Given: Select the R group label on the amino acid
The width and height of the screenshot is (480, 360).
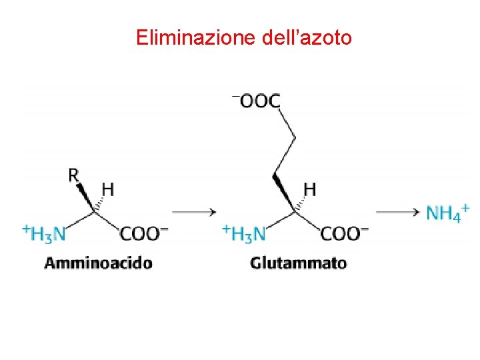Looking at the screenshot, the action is [73, 175].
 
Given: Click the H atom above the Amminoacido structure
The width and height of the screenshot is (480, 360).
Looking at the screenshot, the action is [107, 190].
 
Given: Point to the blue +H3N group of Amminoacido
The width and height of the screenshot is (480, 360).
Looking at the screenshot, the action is [45, 233].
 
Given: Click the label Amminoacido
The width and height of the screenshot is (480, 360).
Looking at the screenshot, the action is [98, 263].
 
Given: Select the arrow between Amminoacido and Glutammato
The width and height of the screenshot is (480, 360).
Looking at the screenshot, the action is [193, 212].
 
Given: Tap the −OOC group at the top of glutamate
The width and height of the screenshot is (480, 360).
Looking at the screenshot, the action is [257, 101].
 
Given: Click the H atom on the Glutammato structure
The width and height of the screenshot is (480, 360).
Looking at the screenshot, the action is [309, 190].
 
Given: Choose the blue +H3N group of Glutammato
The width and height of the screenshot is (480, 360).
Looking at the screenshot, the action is [245, 233].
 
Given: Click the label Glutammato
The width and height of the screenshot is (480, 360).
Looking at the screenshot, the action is [299, 263].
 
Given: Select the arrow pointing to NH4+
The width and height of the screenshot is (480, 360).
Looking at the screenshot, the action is [397, 212].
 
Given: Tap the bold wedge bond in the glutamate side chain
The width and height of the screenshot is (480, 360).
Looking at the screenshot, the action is [285, 193].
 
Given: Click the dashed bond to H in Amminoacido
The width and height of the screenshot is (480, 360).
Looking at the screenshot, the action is [99, 205].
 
